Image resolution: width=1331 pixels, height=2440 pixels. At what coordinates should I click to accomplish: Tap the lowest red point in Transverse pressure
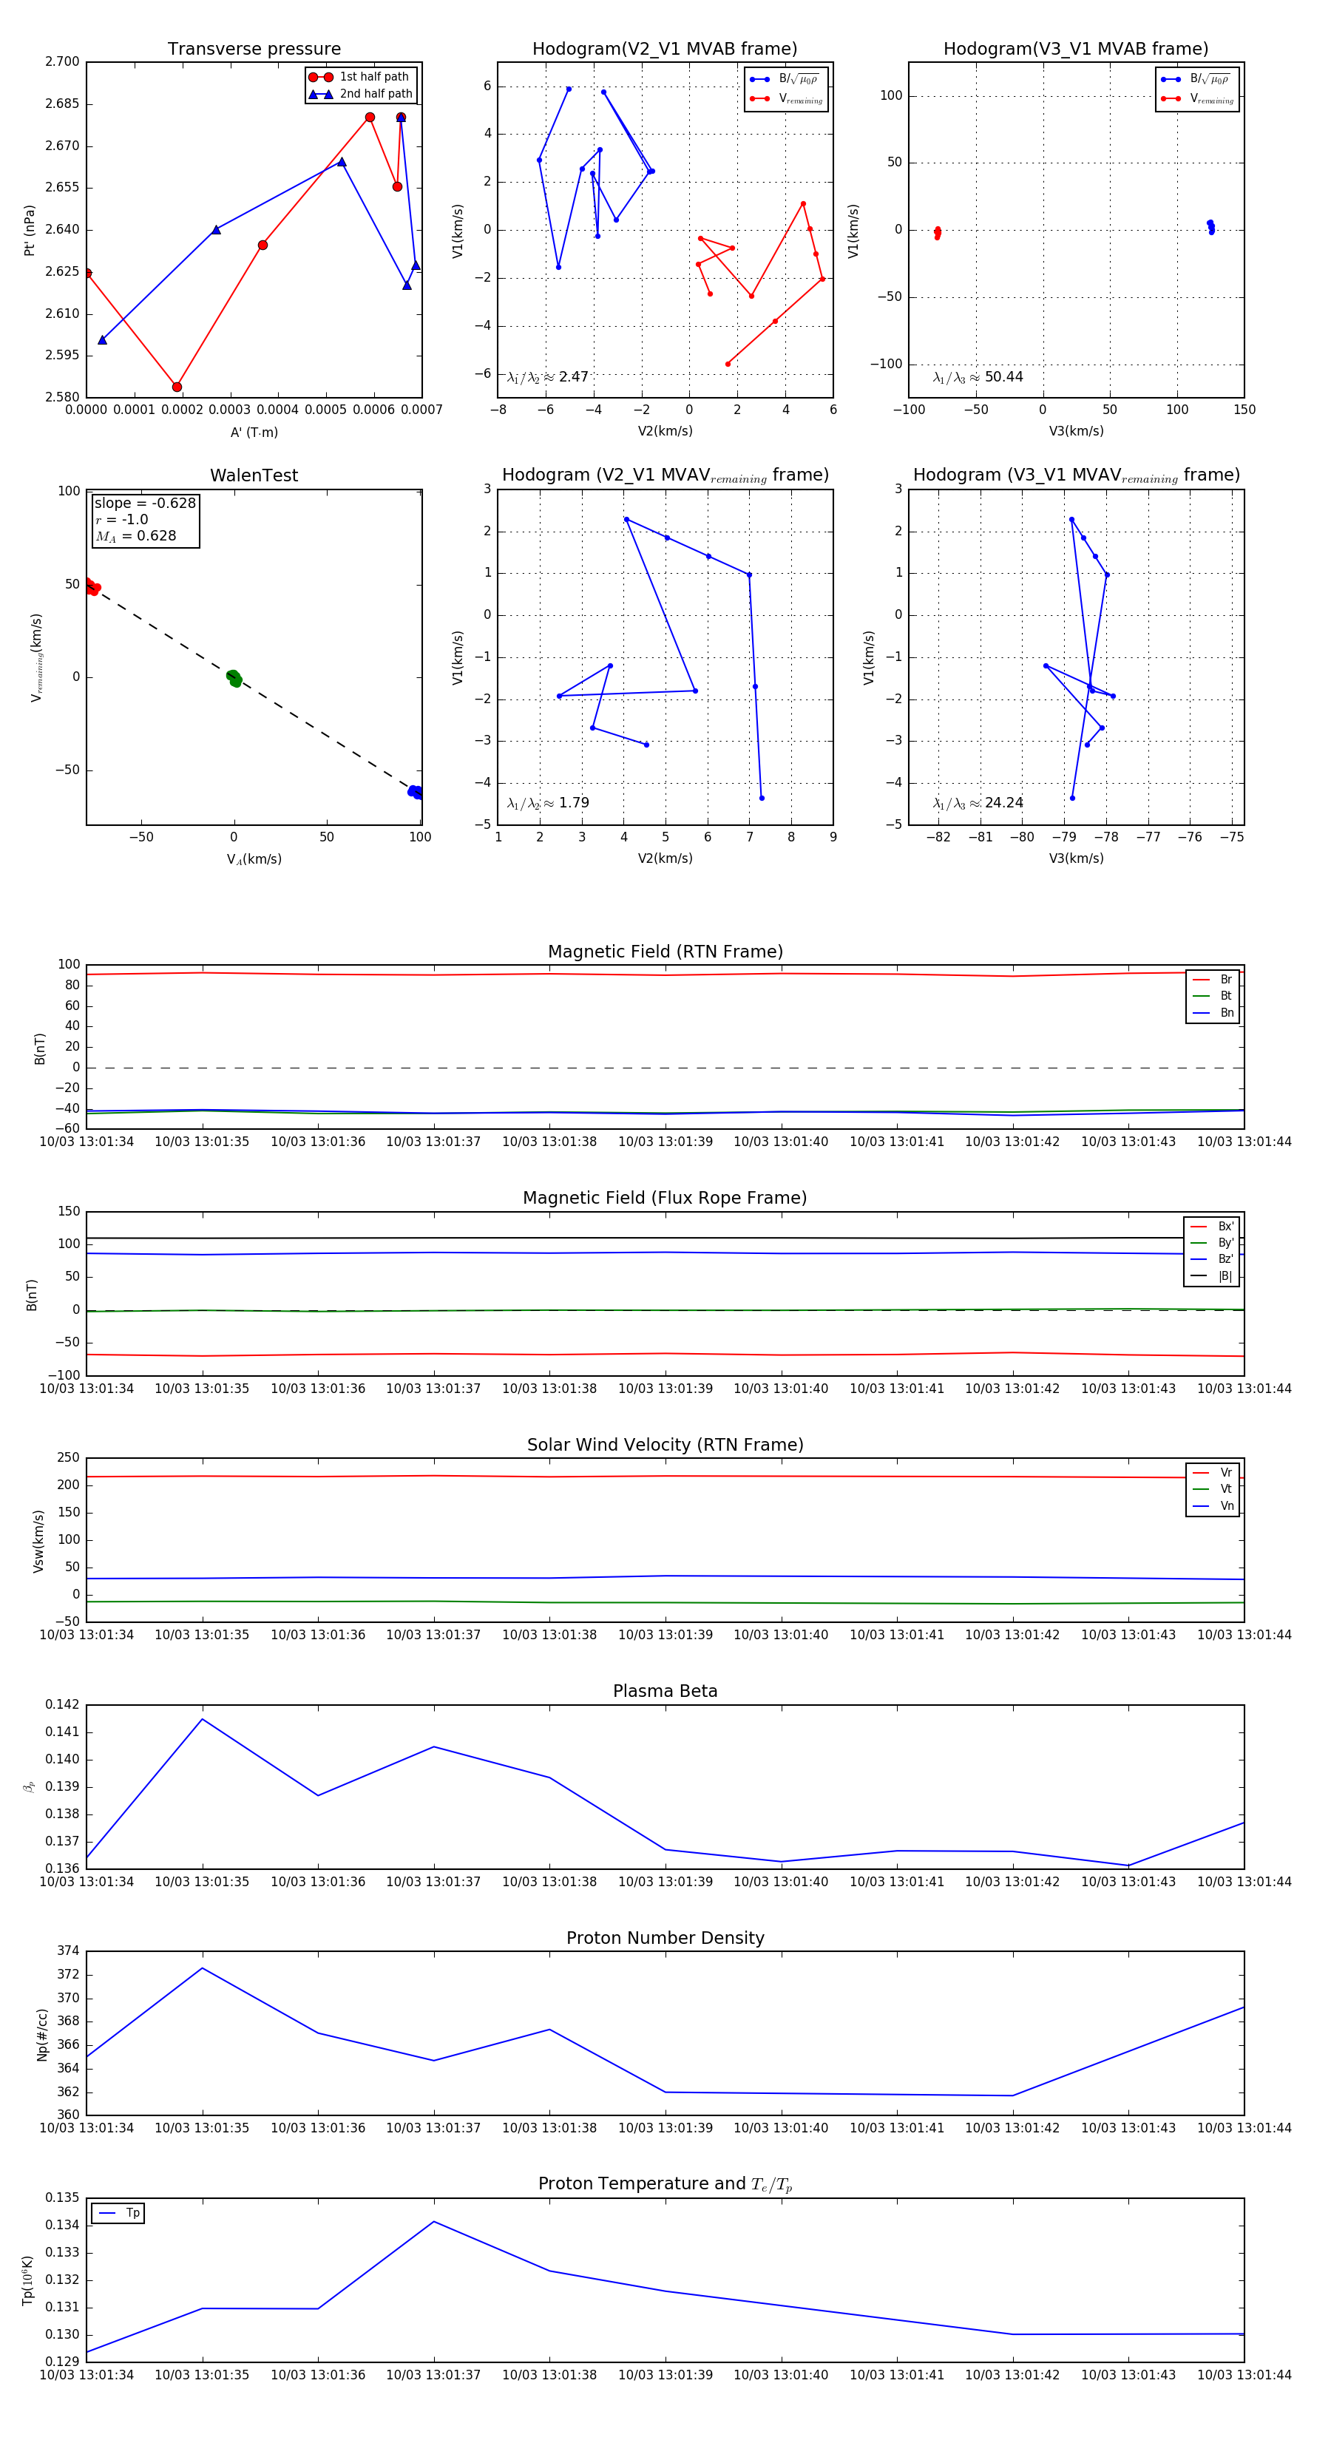click(177, 387)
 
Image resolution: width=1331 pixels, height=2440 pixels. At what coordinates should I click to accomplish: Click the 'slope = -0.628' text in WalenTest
click(145, 503)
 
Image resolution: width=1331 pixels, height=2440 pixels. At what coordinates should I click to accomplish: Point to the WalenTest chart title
click(254, 475)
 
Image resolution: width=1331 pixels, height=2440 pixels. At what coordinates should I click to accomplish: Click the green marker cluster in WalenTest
click(234, 677)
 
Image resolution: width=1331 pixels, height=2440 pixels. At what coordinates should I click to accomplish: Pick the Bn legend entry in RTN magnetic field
click(1226, 1012)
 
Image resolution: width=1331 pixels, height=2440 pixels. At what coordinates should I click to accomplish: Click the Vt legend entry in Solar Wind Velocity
click(1226, 1489)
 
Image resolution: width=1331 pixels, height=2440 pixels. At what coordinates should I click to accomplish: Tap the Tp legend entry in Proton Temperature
click(132, 2213)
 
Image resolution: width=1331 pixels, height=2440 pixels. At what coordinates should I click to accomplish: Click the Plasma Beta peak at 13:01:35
click(202, 1719)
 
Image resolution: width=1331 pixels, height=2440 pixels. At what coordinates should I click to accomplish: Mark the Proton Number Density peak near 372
click(202, 1968)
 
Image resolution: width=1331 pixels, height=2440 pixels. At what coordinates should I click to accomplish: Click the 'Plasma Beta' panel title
click(665, 1691)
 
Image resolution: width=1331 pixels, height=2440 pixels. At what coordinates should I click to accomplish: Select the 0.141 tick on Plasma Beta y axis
click(63, 1732)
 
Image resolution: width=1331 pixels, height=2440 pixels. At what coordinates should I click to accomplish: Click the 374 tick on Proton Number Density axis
click(68, 1951)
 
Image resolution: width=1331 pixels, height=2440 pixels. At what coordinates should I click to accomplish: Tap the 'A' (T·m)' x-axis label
click(254, 432)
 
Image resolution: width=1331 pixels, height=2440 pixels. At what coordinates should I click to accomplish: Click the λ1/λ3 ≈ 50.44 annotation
click(978, 377)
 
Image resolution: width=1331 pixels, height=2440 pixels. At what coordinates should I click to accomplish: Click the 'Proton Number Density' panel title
click(665, 1937)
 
